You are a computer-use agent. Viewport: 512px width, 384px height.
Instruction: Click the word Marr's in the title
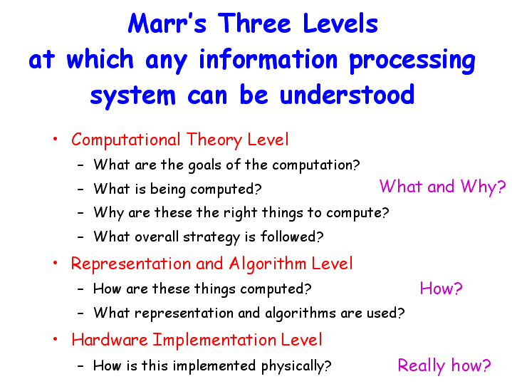point(167,24)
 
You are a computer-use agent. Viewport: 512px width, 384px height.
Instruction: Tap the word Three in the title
point(254,24)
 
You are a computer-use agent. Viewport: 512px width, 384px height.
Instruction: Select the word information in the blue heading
point(268,59)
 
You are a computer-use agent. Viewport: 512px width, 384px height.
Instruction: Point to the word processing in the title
point(412,61)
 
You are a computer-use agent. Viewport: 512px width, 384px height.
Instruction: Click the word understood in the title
point(347,95)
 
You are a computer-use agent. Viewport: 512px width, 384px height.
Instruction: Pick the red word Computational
point(126,140)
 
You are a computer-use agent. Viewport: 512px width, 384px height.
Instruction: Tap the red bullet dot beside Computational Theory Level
point(55,139)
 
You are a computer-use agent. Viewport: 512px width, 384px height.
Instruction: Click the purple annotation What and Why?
point(442,187)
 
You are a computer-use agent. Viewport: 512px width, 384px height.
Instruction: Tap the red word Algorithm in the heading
point(268,264)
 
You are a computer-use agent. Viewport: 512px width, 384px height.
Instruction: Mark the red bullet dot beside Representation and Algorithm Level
point(55,263)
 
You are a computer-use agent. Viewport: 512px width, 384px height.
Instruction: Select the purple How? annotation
point(441,289)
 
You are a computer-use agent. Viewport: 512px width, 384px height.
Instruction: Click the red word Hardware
point(110,340)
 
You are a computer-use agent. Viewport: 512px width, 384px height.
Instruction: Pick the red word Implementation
point(214,340)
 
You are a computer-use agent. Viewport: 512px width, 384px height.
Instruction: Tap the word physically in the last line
point(296,366)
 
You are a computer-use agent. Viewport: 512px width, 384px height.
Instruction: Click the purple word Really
point(422,365)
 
